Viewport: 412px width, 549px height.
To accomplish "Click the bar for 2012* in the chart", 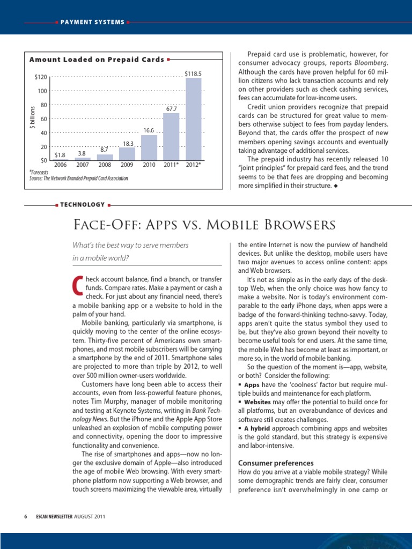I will [193, 119].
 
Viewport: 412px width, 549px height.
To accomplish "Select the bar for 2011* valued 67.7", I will [171, 137].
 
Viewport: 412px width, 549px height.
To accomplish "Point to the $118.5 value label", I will [193, 73].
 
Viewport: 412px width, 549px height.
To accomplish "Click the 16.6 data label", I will [149, 130].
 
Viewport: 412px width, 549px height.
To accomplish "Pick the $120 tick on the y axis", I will [40, 78].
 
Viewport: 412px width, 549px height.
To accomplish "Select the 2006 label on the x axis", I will [60, 165].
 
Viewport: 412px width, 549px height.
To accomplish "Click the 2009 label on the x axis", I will [127, 165].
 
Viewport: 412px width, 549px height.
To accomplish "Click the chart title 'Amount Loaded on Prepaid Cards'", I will [97, 60].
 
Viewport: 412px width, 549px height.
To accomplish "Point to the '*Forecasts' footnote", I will [39, 172].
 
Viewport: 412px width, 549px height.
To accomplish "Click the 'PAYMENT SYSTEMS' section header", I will [92, 22].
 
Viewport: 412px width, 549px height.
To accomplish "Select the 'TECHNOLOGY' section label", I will [83, 204].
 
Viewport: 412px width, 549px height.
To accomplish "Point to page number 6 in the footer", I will [25, 516].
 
